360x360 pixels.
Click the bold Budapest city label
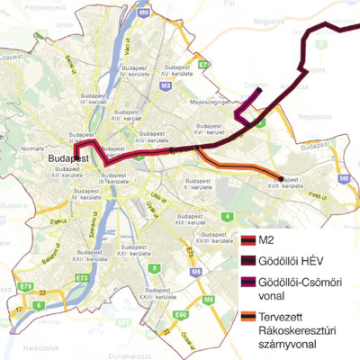(x=67, y=158)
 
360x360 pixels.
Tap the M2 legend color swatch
(x=249, y=240)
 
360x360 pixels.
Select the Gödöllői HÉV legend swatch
(x=249, y=261)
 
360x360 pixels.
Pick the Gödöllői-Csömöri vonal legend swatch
(x=249, y=283)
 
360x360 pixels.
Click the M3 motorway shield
(x=166, y=85)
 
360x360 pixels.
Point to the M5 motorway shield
(x=209, y=299)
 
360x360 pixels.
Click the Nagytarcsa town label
(x=321, y=116)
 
